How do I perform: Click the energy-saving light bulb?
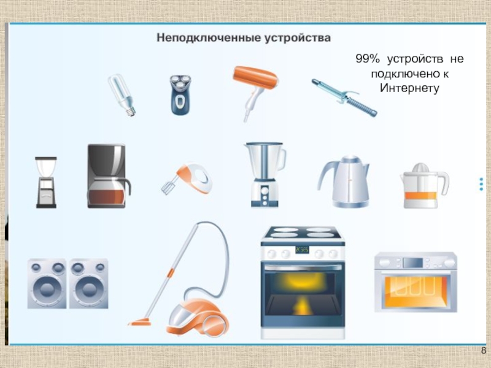tap(122, 95)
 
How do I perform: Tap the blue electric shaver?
tap(180, 94)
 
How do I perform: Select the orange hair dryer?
tap(255, 91)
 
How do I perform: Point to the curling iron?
tap(344, 98)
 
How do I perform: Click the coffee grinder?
tap(46, 182)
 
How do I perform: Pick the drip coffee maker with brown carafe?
tap(108, 176)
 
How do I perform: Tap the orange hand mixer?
tap(188, 178)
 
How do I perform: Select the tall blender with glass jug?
tap(265, 175)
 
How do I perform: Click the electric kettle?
tap(344, 182)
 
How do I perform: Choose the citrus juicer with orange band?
tap(424, 186)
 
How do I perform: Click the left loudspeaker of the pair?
tap(47, 283)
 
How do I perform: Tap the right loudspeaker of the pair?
tap(88, 283)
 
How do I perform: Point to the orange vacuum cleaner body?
tap(197, 317)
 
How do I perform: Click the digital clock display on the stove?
tap(302, 250)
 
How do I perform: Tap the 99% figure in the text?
tap(368, 59)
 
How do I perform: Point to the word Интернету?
tap(409, 88)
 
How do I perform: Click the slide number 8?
tap(484, 350)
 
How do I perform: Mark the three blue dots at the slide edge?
tap(481, 185)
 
